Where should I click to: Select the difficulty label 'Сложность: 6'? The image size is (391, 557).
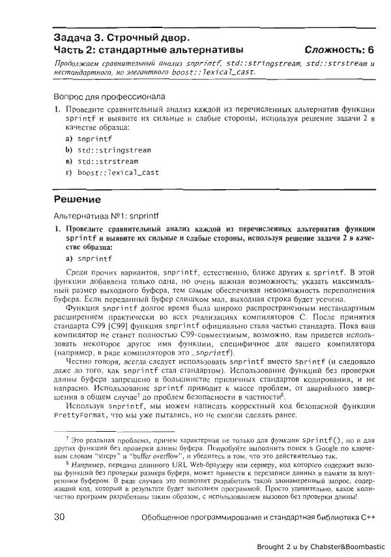click(x=339, y=50)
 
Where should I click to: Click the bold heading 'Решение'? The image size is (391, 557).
click(x=77, y=198)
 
